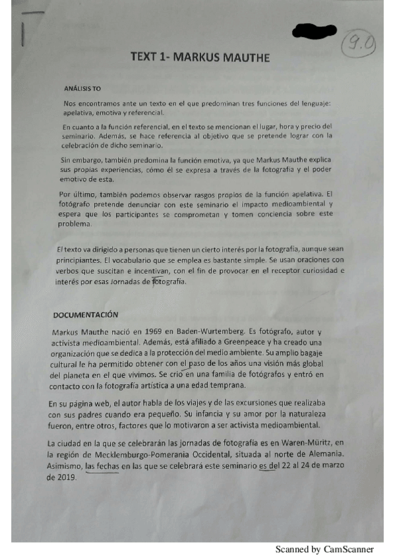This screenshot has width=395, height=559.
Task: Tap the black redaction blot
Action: [x=314, y=30]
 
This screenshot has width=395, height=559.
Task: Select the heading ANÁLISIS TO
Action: [x=82, y=88]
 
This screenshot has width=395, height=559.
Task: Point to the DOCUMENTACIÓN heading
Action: [x=85, y=314]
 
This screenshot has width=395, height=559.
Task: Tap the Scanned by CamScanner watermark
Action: [x=324, y=548]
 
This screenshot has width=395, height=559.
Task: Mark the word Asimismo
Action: [x=65, y=466]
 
